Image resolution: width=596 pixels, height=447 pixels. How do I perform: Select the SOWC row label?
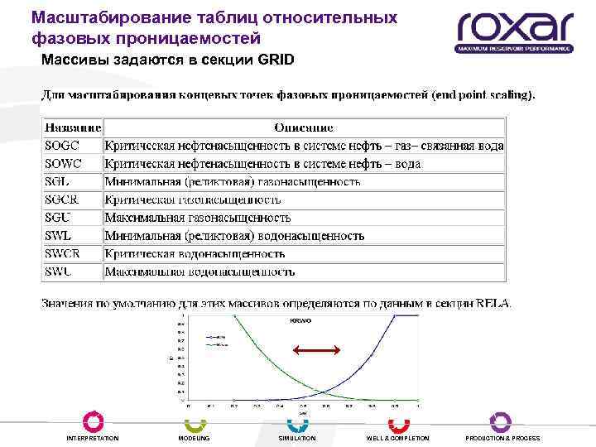click(x=63, y=164)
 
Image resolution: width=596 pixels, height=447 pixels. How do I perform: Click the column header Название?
click(x=73, y=128)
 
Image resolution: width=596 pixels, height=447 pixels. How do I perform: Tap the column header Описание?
click(x=304, y=128)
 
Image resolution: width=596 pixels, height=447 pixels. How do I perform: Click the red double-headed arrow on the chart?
click(x=318, y=351)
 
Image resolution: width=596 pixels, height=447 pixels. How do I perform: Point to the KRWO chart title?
click(x=300, y=320)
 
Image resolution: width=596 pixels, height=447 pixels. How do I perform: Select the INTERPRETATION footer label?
click(x=93, y=438)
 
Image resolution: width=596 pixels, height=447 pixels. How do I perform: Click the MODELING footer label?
click(x=195, y=438)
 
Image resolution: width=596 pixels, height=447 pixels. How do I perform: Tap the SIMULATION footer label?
click(x=297, y=438)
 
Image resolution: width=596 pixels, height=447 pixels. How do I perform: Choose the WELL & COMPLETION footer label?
click(x=398, y=438)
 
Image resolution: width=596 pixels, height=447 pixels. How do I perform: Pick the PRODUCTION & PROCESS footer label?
click(x=502, y=438)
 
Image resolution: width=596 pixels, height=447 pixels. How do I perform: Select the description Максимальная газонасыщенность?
click(x=198, y=218)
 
